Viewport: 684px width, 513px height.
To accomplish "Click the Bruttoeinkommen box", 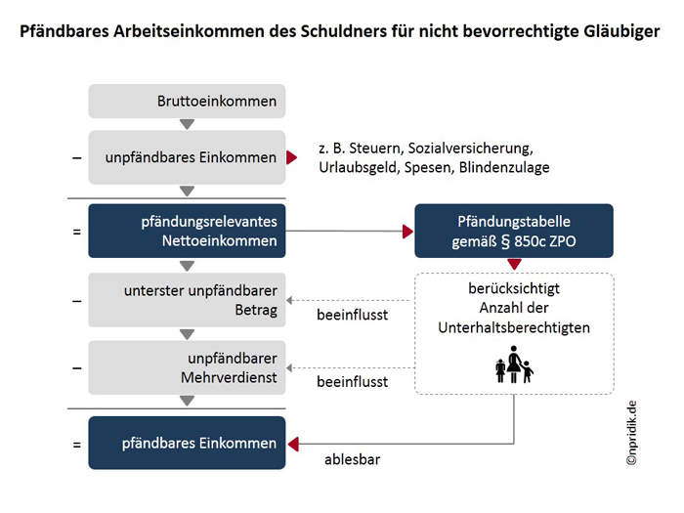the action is point(187,102).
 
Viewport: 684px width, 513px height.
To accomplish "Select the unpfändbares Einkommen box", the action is point(187,157).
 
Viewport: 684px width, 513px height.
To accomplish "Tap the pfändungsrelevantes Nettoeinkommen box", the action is point(187,231).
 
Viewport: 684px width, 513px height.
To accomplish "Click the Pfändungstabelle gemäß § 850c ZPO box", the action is point(514,231).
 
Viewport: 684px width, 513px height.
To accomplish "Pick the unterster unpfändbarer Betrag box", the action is point(187,300).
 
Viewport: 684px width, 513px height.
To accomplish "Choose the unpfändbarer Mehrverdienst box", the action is point(187,367).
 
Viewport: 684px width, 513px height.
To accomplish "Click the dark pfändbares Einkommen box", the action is point(187,443).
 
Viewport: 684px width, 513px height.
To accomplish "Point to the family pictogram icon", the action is point(514,364).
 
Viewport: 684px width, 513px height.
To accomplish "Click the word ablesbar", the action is point(353,459).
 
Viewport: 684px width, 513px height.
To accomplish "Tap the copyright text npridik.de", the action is point(631,433).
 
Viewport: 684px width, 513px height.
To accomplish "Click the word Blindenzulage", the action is point(504,167).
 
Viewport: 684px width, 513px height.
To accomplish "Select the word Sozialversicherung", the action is point(470,149).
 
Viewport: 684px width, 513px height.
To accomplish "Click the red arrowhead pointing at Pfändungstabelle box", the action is point(407,232).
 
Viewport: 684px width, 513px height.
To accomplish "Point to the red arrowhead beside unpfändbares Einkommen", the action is point(292,157).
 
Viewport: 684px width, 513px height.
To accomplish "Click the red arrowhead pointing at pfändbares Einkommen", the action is point(293,444).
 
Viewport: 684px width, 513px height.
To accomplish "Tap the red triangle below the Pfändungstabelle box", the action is point(514,264).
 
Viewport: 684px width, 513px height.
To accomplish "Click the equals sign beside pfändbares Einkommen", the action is point(77,445).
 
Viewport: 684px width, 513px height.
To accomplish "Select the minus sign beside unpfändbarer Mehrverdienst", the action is point(77,368).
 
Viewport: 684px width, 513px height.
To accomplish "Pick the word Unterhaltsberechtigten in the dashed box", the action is point(514,327).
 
